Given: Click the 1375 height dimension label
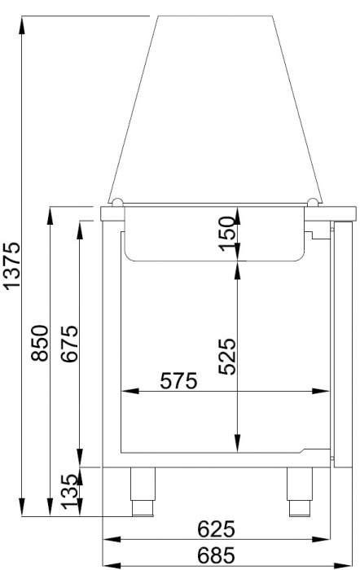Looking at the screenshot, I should coord(12,265).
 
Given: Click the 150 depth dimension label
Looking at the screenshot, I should coord(229,235).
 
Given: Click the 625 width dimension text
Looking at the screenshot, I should coord(217,528).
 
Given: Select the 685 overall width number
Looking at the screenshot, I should coord(217,556).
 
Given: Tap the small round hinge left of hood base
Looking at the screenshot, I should coord(117,203).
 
